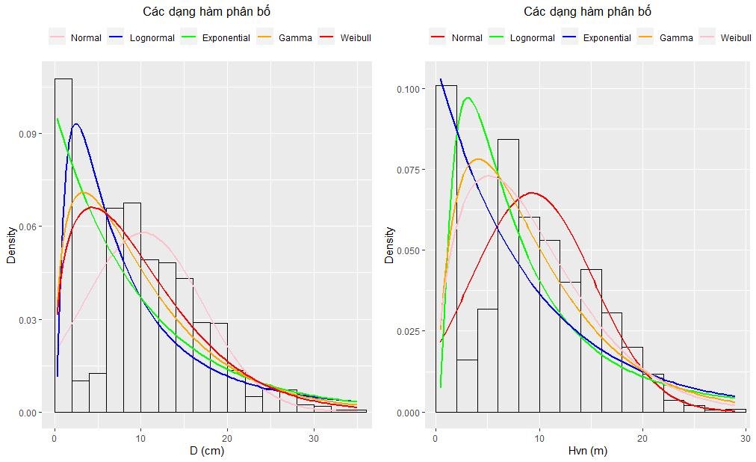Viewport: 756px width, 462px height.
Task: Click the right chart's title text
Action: pyautogui.click(x=587, y=12)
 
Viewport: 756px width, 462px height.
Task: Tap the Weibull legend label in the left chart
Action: pyautogui.click(x=355, y=38)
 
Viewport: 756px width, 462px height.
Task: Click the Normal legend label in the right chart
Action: pyautogui.click(x=467, y=38)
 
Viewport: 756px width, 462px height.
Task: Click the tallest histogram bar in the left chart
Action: pyautogui.click(x=63, y=247)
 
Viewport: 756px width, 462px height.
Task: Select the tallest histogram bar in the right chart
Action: pyautogui.click(x=446, y=247)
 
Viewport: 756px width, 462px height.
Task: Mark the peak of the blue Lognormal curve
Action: pyautogui.click(x=75, y=125)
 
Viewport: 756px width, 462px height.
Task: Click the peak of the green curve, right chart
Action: pyautogui.click(x=468, y=98)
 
